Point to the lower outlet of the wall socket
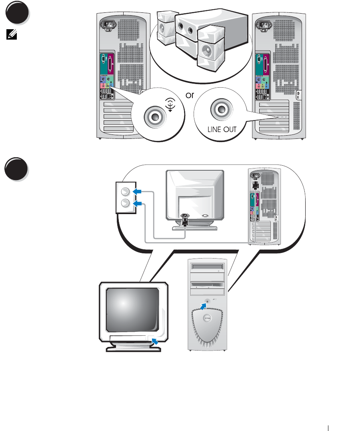coord(125,203)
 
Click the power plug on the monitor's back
coord(185,219)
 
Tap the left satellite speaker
coord(164,28)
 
